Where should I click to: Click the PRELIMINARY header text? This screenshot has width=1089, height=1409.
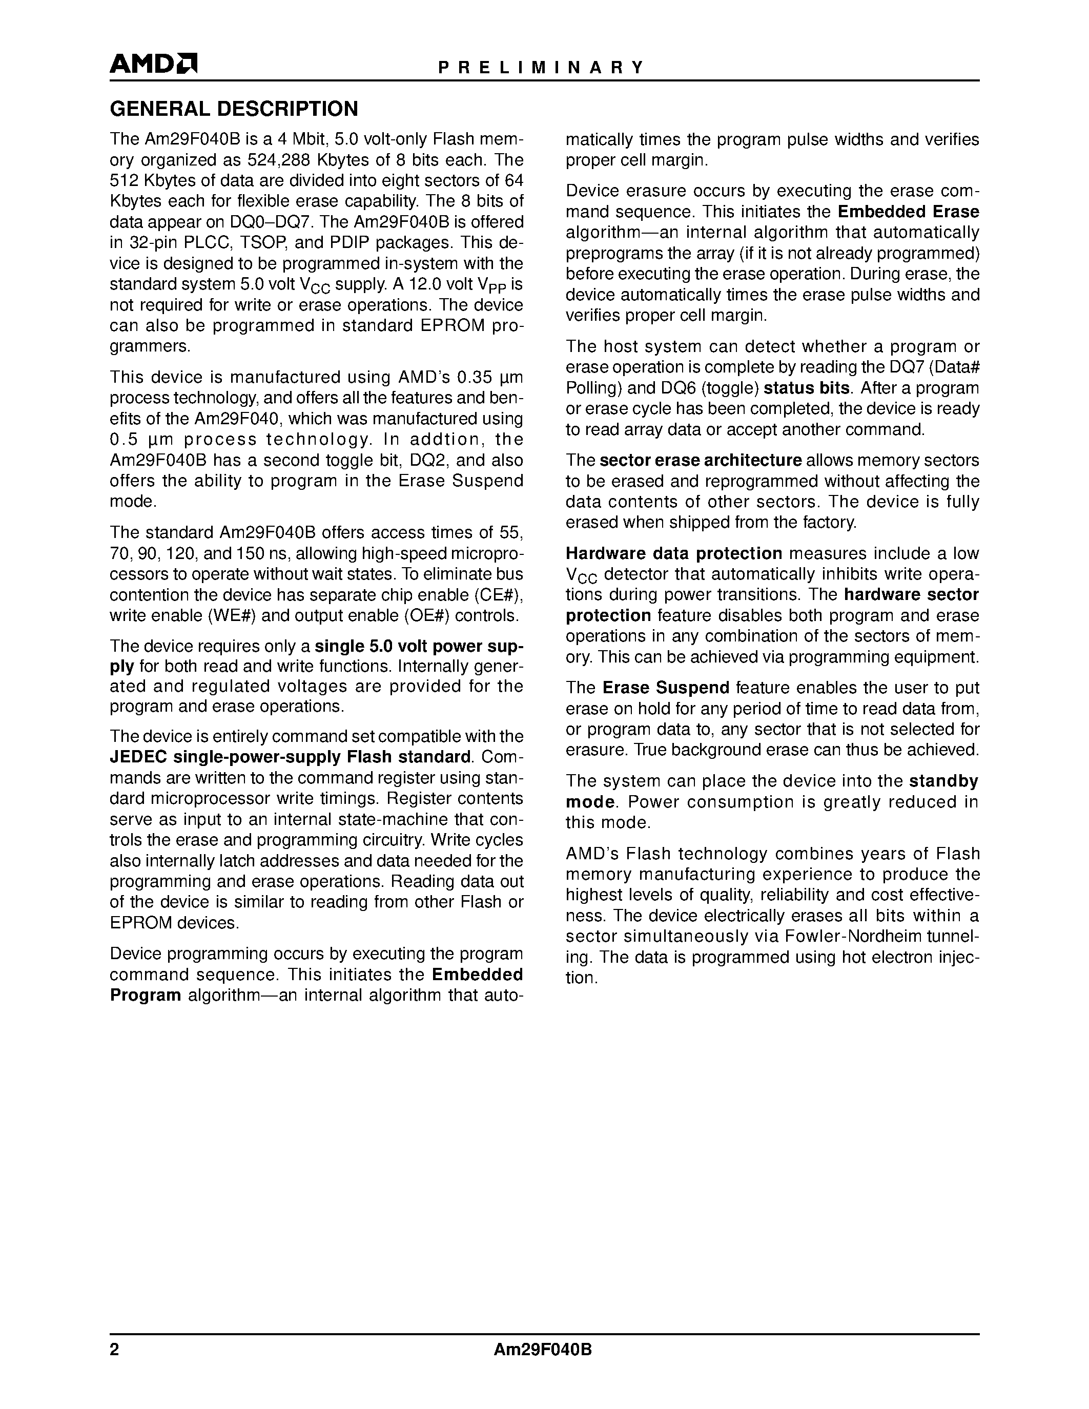[x=541, y=68]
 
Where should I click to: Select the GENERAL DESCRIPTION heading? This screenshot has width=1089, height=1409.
[x=234, y=109]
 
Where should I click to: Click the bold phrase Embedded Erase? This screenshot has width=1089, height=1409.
[x=908, y=212]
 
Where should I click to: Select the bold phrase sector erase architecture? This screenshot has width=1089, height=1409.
[x=700, y=460]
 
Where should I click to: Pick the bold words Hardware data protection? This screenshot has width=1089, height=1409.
[x=673, y=553]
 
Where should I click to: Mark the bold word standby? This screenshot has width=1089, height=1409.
[x=943, y=781]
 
